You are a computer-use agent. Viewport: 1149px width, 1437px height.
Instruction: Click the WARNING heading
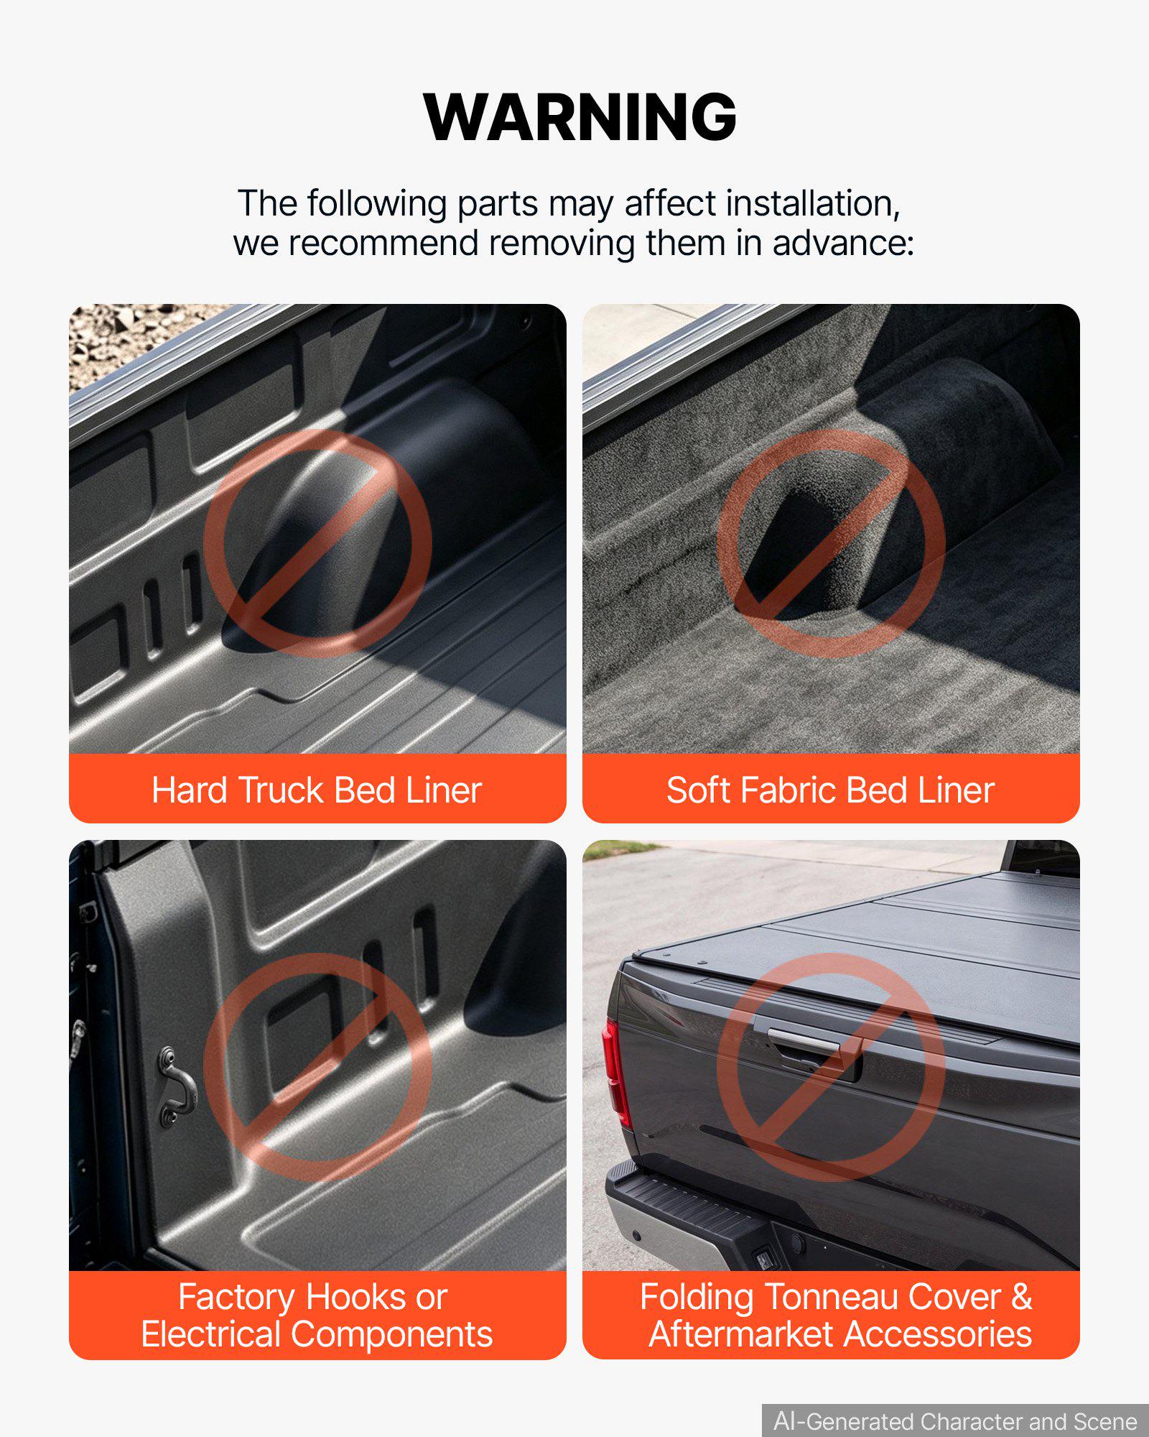pos(580,117)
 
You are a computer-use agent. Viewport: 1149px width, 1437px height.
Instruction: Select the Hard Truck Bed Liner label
pos(317,790)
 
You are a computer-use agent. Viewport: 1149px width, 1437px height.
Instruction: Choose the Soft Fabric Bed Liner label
pos(831,790)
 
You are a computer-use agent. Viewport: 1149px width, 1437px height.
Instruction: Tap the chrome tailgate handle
pos(804,1040)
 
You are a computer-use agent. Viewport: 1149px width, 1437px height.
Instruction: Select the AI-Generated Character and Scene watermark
pos(955,1421)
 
